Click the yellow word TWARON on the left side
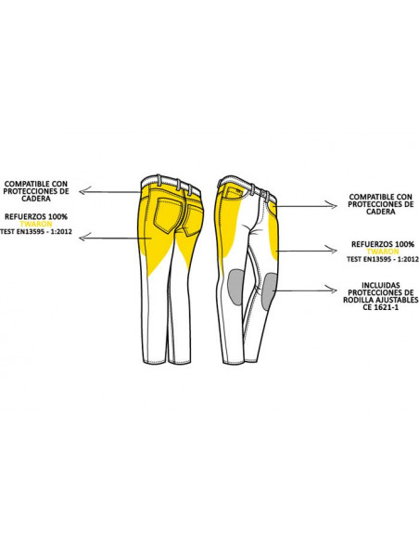[x=36, y=224]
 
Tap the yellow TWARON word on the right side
[x=383, y=252]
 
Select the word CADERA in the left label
[x=36, y=199]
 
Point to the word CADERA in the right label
[x=381, y=212]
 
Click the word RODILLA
[x=358, y=300]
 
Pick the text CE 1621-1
[x=381, y=307]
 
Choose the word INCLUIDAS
[x=381, y=285]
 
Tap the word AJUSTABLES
[x=397, y=300]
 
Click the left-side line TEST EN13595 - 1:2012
[x=36, y=232]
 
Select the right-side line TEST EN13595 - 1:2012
[x=383, y=259]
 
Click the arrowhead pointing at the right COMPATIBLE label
[x=332, y=206]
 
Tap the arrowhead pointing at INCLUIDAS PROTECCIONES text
[x=332, y=290]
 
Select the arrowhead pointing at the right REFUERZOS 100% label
[x=332, y=250]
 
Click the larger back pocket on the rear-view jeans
[x=168, y=214]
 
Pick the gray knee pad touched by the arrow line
[x=268, y=291]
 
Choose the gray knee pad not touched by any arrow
[x=235, y=288]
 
